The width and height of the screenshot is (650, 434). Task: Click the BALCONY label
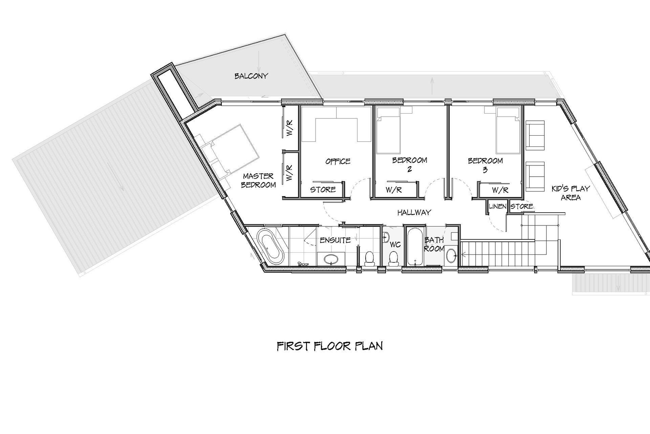tap(251, 76)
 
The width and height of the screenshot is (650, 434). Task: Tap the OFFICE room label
tap(338, 161)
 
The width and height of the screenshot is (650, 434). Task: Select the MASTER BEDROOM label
tap(258, 180)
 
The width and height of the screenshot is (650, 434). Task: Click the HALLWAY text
tap(414, 213)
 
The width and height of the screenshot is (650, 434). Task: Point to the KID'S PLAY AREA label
tap(571, 193)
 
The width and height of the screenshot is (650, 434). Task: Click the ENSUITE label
tap(335, 240)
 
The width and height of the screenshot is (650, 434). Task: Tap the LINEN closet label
tap(498, 206)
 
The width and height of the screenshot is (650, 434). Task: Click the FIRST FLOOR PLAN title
tap(330, 346)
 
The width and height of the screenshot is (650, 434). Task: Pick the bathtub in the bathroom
tap(414, 246)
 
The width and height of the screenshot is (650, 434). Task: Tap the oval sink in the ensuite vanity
tap(331, 260)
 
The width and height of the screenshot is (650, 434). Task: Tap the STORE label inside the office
tap(323, 190)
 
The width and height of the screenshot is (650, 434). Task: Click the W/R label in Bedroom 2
tap(393, 190)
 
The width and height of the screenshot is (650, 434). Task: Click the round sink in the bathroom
tap(451, 256)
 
